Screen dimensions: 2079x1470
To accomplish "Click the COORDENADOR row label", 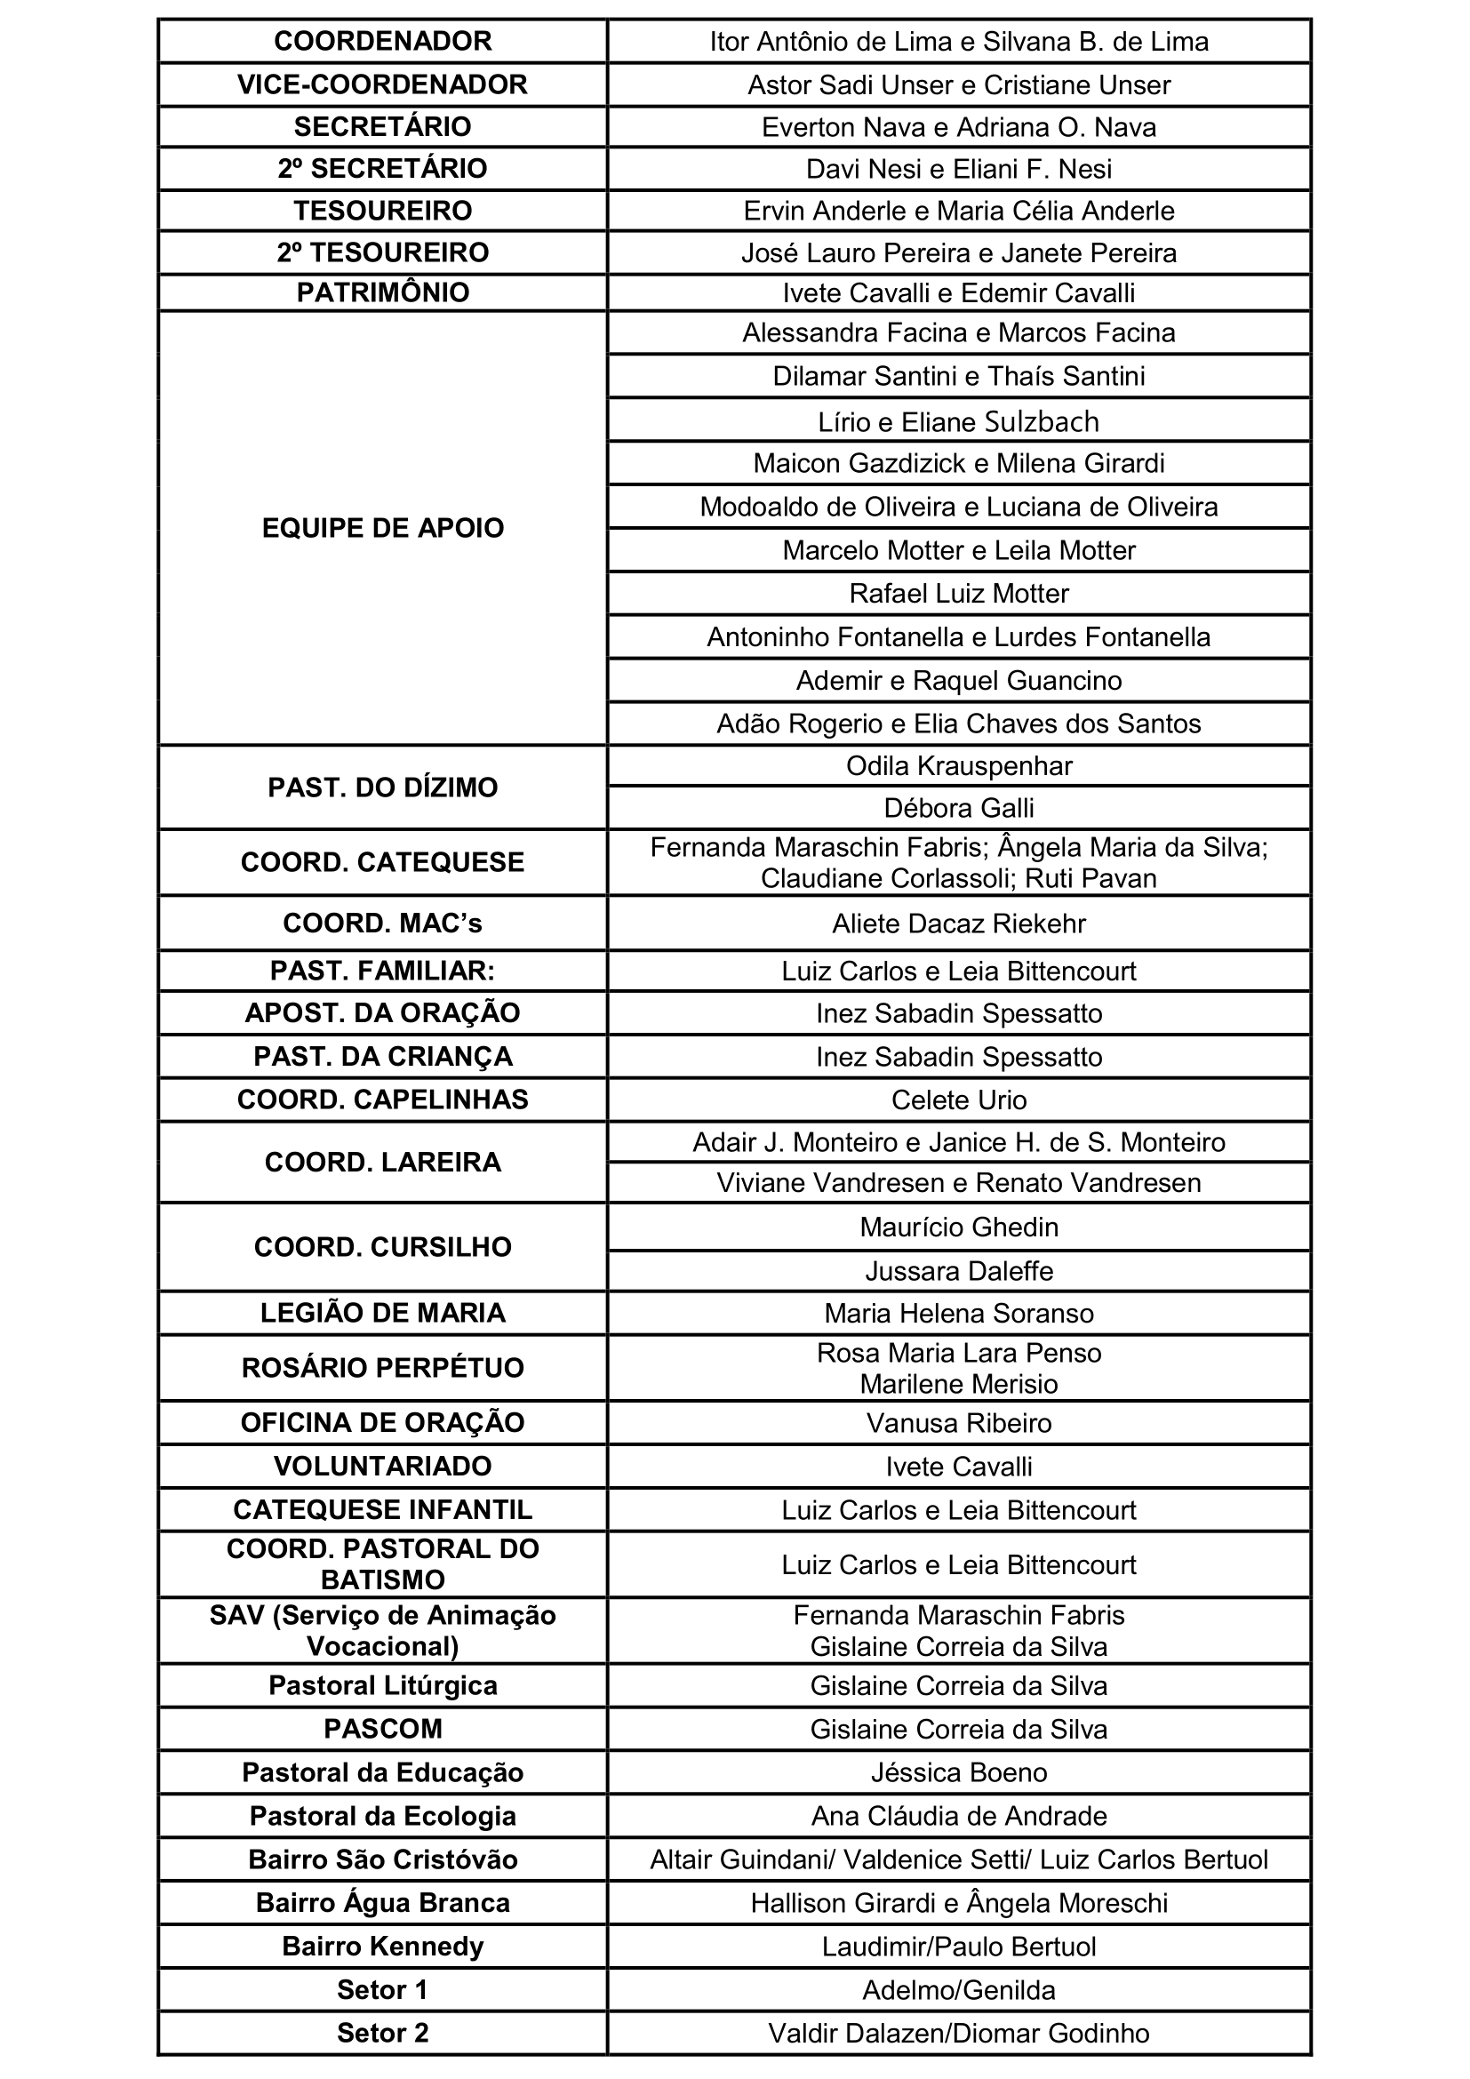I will point(382,42).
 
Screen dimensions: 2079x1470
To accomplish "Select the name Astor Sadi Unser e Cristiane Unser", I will point(959,85).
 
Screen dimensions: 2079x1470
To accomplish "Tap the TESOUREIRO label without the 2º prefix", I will point(382,211).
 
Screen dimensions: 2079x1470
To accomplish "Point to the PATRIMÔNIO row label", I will point(382,293).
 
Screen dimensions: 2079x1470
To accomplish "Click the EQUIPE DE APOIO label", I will point(382,528).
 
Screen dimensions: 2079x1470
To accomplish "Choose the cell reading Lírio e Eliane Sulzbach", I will point(959,422).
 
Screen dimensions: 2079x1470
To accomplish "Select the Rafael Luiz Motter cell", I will point(959,594).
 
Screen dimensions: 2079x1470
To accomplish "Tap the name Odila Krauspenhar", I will point(959,766).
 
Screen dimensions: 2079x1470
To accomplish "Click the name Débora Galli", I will point(959,808).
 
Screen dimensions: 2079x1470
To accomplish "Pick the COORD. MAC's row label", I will point(382,924).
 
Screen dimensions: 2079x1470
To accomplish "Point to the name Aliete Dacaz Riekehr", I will point(959,924).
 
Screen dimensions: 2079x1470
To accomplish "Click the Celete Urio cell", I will point(959,1100).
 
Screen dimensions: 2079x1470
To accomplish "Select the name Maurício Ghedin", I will point(959,1227).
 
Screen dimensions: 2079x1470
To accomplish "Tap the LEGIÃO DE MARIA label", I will point(382,1313).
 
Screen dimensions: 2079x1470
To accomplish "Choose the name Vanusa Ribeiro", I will point(959,1422).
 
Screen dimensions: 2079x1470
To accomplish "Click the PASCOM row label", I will point(382,1729).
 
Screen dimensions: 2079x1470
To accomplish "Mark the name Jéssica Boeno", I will point(959,1772).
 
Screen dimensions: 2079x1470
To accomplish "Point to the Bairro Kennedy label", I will point(382,1946).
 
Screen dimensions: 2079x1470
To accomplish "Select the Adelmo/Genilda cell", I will point(959,1989).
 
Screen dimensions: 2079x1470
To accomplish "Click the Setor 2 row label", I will point(382,2033).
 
